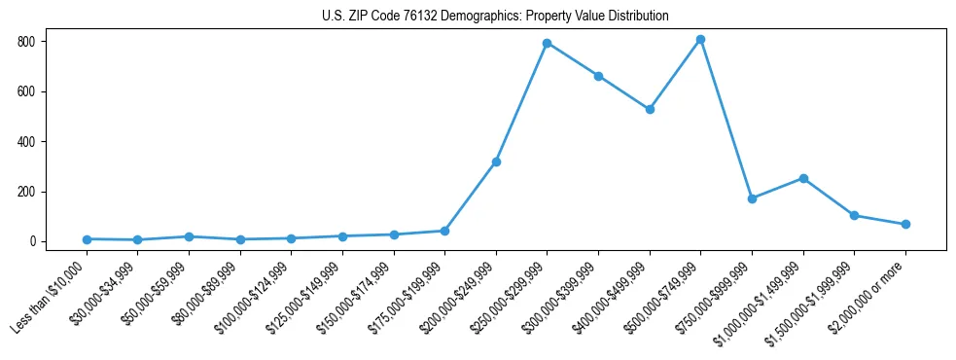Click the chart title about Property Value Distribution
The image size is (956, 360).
click(x=495, y=17)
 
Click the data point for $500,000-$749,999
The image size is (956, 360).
click(x=700, y=40)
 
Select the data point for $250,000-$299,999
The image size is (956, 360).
click(x=547, y=43)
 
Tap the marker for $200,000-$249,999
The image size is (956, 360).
click(x=496, y=162)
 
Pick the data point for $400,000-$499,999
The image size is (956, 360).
click(x=650, y=109)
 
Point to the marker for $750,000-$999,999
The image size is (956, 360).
click(x=752, y=198)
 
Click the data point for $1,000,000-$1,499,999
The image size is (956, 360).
click(x=803, y=178)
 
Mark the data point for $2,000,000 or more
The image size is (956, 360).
click(x=905, y=224)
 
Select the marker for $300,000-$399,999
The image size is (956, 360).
click(x=598, y=76)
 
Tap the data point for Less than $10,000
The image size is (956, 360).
click(x=87, y=239)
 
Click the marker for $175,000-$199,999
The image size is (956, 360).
click(x=444, y=231)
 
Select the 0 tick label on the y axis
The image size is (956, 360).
click(x=32, y=241)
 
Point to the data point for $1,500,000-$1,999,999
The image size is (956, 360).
click(x=854, y=215)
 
